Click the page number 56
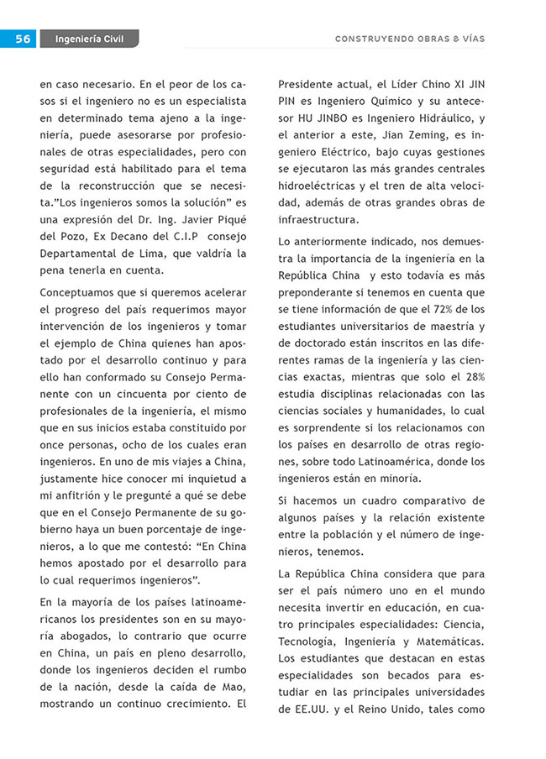(23, 39)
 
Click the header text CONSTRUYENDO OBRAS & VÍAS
(409, 39)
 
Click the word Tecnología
(307, 641)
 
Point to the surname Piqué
(229, 219)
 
